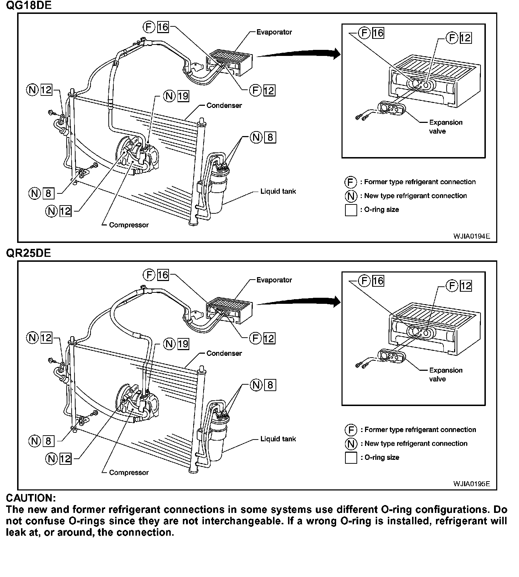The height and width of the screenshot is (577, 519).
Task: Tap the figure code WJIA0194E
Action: click(472, 236)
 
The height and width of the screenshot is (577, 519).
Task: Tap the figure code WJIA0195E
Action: click(472, 484)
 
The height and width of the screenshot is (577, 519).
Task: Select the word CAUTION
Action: click(31, 498)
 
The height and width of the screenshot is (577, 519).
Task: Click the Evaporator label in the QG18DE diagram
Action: click(274, 32)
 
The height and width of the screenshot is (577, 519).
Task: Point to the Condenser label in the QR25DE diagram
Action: click(224, 353)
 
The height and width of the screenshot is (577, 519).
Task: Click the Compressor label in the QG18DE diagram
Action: click(129, 225)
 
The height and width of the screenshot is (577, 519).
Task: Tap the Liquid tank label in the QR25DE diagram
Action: click(278, 439)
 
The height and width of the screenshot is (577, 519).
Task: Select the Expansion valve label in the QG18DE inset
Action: click(446, 126)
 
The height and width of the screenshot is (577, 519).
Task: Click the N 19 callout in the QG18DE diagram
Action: click(176, 96)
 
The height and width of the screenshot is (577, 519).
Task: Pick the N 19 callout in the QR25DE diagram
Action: click(176, 344)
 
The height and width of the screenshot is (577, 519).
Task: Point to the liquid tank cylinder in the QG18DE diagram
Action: click(218, 191)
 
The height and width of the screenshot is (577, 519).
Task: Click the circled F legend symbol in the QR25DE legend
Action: click(351, 430)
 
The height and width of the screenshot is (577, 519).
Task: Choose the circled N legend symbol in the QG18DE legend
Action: click(351, 196)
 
